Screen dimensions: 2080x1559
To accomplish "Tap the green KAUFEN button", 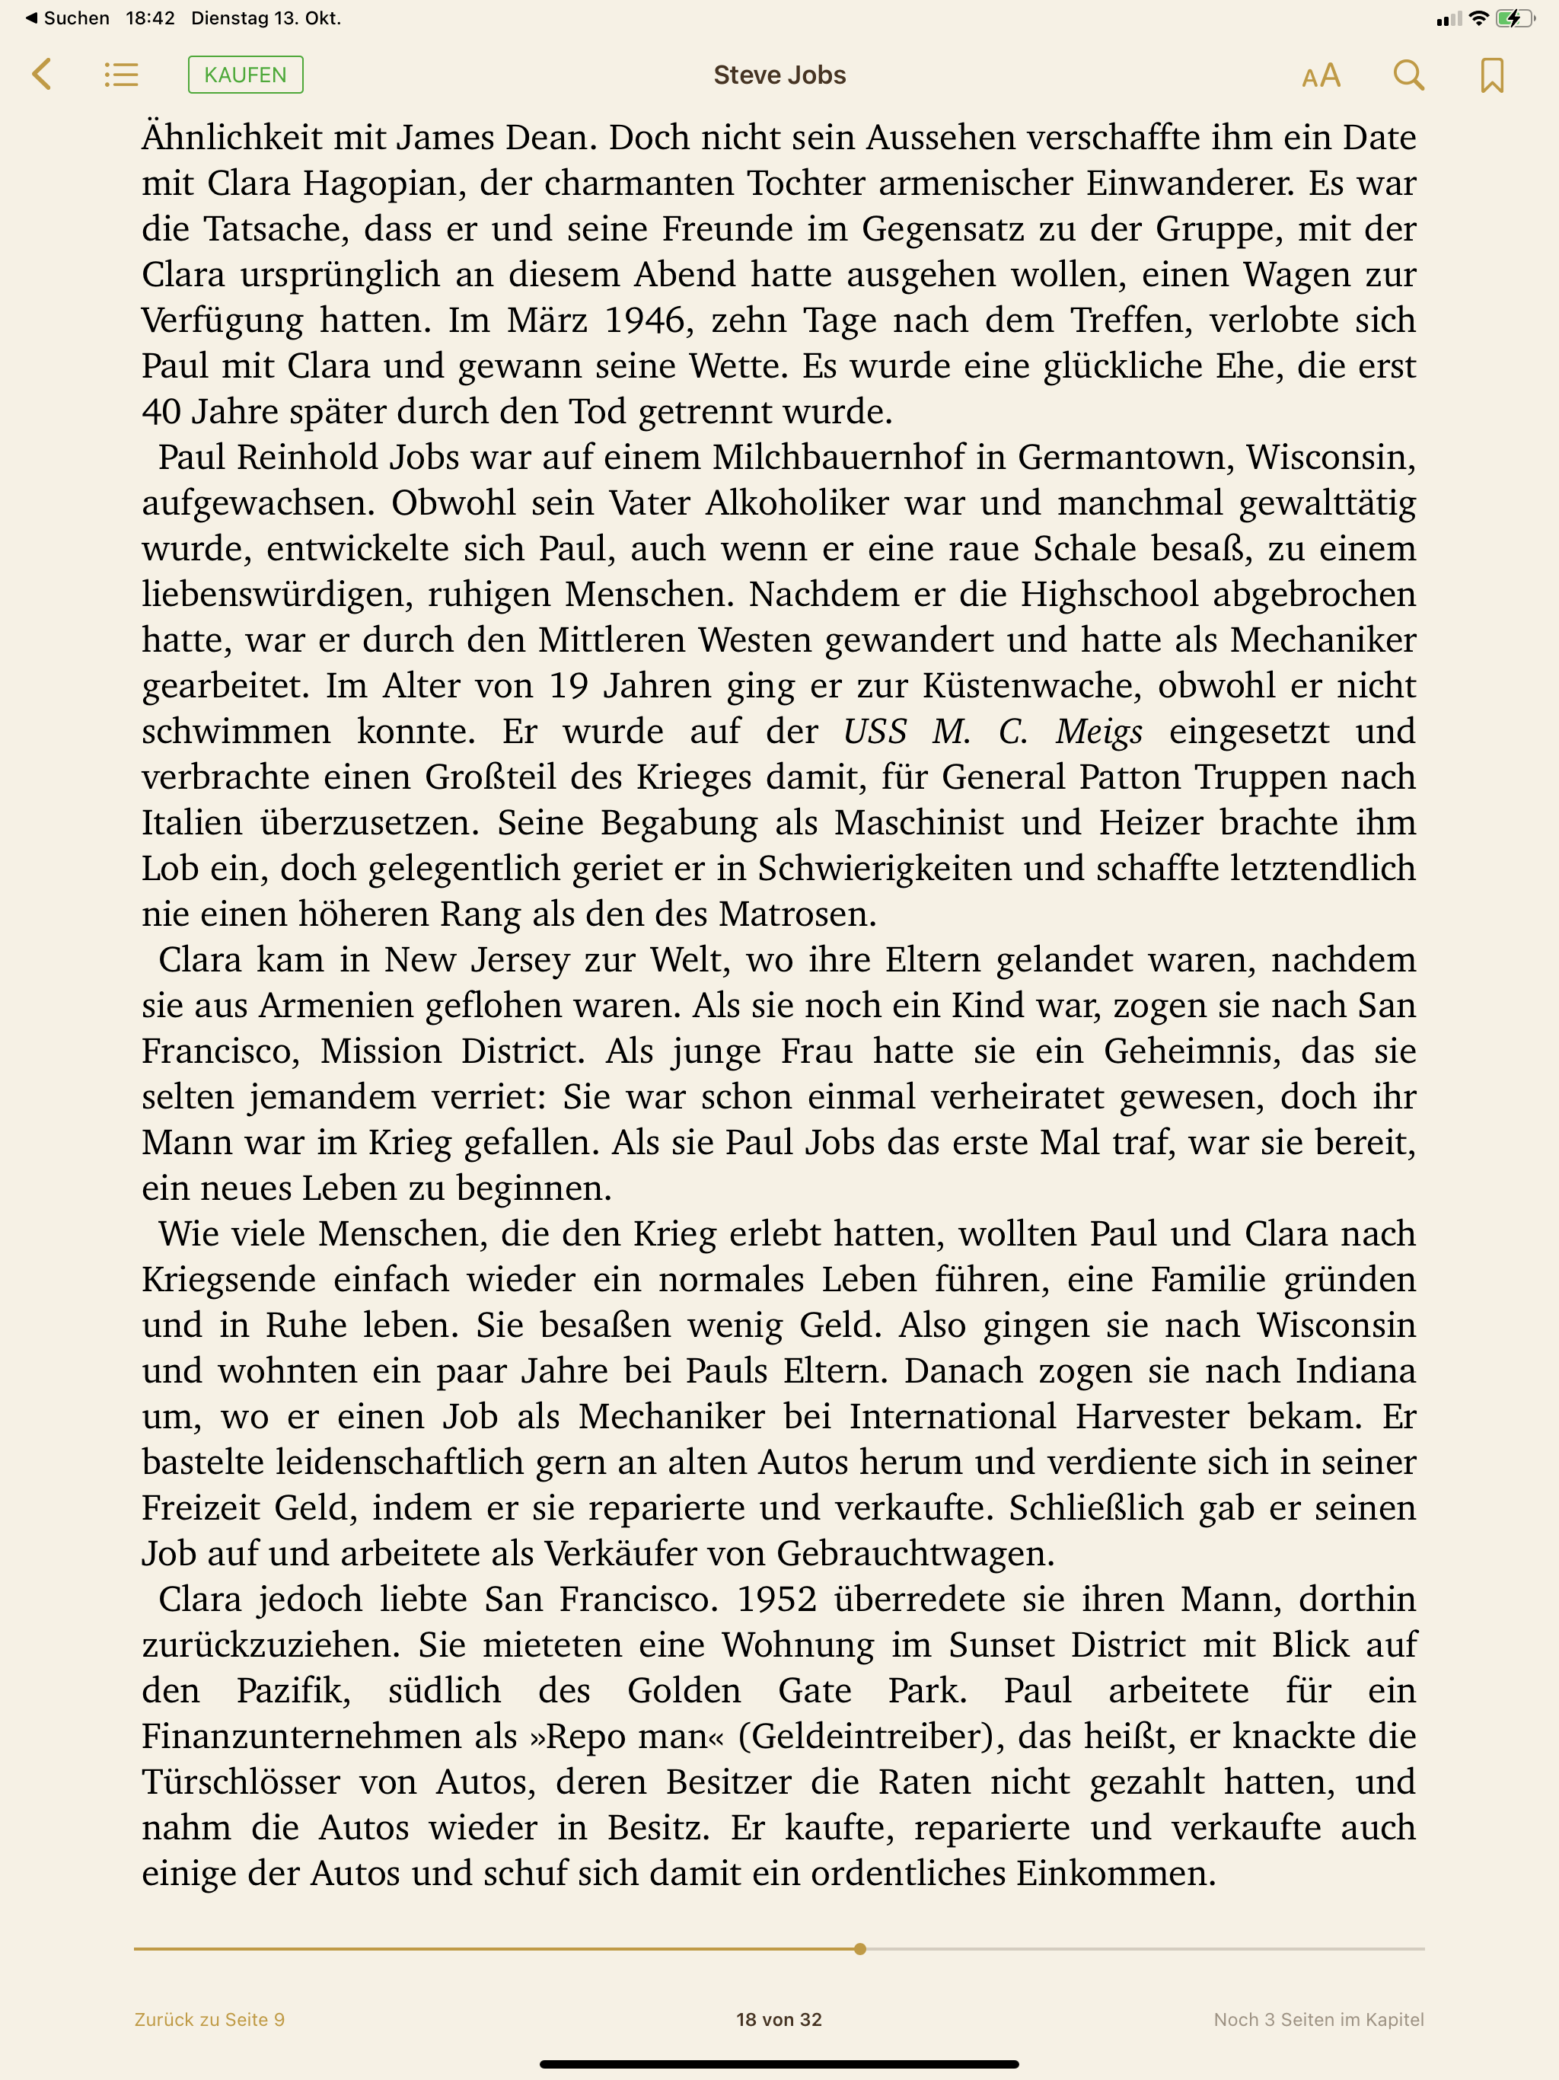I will (245, 75).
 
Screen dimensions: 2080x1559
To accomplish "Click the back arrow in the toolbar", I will (41, 75).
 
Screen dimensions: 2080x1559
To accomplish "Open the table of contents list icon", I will (121, 75).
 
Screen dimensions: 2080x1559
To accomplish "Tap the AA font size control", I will (1320, 76).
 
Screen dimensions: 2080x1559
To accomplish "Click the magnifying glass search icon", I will (1408, 75).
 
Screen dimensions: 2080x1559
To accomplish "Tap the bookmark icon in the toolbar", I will (1491, 76).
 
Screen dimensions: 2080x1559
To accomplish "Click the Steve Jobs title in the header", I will (779, 75).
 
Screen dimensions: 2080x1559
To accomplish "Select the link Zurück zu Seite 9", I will (209, 2019).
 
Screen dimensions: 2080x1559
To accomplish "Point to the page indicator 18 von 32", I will (779, 2019).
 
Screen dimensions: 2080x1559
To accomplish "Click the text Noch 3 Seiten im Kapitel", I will (1318, 2019).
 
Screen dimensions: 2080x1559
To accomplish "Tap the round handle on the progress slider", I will (859, 1949).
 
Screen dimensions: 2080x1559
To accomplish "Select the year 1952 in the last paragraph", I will (776, 1600).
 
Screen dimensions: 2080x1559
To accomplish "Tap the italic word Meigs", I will (1098, 732).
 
